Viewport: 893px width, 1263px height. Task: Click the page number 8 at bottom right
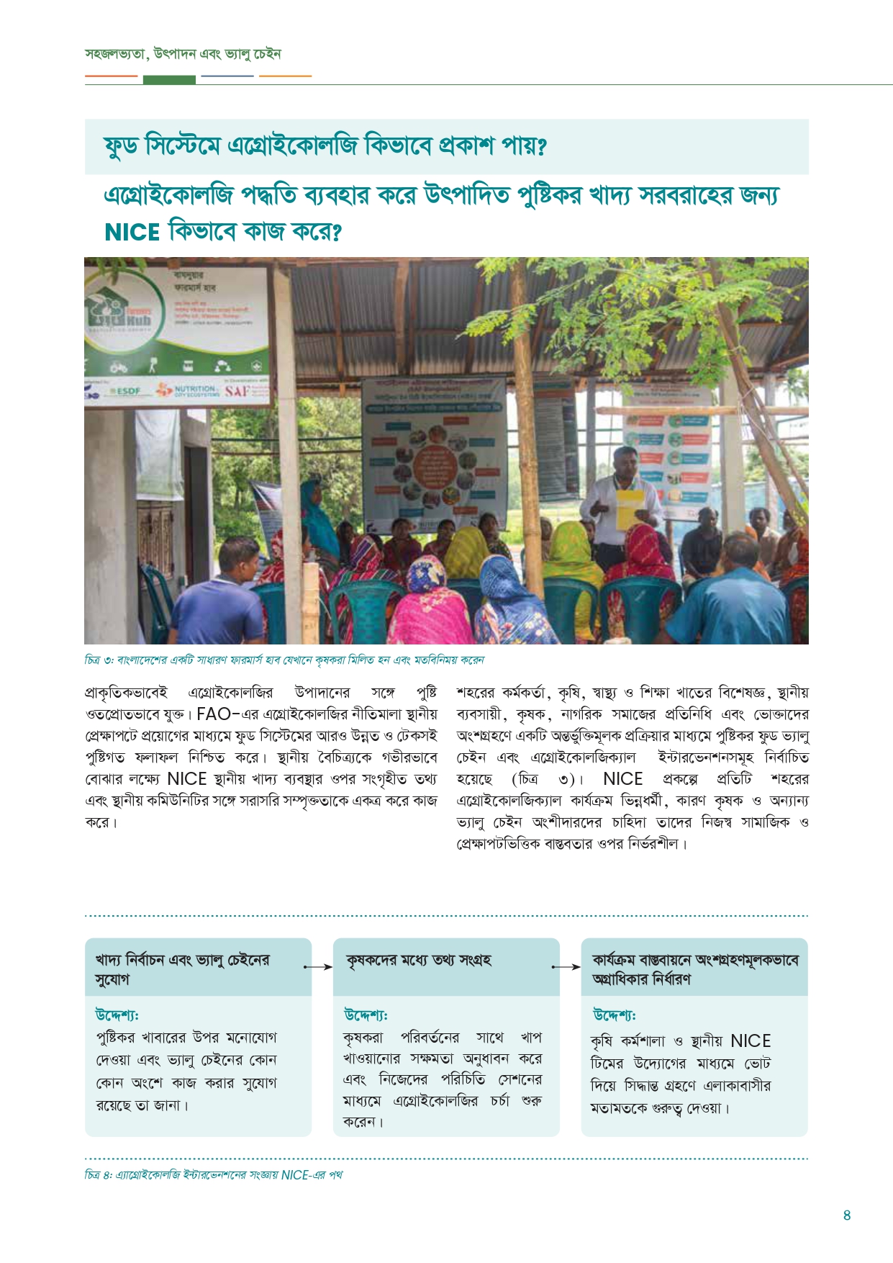click(846, 1215)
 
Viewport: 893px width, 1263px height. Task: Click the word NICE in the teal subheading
click(132, 233)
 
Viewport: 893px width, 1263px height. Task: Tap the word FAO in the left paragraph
click(213, 714)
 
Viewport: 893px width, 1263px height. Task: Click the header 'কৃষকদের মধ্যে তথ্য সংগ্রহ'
click(418, 961)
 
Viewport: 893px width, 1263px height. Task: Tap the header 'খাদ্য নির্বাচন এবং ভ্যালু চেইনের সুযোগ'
click(182, 969)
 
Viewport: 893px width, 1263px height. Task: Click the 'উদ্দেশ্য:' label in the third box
click(614, 1015)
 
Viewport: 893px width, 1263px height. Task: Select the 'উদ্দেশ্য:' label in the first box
click(117, 1015)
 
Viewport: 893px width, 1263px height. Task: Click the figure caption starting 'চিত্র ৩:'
click(284, 660)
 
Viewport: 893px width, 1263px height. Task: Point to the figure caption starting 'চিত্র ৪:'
click(213, 1175)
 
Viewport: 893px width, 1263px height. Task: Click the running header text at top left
click(183, 54)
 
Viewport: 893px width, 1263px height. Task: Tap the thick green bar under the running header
click(169, 80)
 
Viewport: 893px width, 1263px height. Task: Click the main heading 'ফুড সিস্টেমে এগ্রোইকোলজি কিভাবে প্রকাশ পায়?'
click(325, 147)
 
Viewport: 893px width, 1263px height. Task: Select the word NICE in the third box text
click(750, 1041)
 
